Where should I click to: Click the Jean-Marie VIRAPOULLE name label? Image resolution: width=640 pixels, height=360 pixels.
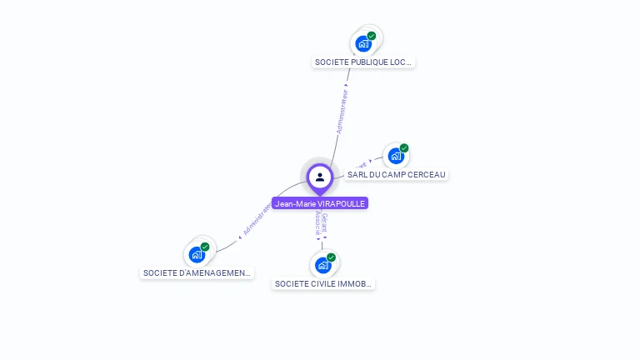click(x=320, y=203)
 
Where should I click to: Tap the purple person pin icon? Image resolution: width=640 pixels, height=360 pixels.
click(x=320, y=177)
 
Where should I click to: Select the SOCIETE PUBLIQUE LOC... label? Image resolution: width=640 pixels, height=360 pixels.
click(x=363, y=62)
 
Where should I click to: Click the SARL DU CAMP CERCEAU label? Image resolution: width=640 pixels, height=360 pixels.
click(x=396, y=175)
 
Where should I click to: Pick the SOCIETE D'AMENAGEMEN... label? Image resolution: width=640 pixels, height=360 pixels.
click(x=197, y=272)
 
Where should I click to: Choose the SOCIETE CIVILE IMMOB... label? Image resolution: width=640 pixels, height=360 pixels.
click(x=324, y=283)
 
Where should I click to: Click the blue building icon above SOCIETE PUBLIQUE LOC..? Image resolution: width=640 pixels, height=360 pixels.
click(x=363, y=43)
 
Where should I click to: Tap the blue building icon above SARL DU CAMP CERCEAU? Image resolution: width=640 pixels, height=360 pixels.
click(x=396, y=156)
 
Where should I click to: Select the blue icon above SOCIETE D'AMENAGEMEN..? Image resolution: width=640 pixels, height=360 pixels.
click(x=197, y=254)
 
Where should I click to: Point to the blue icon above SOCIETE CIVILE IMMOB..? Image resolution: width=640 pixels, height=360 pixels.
click(x=322, y=266)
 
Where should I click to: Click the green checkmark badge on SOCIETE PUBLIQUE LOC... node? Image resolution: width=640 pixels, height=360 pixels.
click(x=372, y=36)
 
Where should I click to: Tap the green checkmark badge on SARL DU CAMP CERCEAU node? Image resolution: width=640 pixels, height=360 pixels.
click(x=404, y=148)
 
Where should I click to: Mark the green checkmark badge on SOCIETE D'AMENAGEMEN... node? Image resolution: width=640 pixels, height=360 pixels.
click(x=205, y=247)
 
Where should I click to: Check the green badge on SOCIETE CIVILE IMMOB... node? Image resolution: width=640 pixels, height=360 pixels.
click(x=331, y=257)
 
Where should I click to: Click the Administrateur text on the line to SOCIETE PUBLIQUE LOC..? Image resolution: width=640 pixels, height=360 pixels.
click(x=342, y=109)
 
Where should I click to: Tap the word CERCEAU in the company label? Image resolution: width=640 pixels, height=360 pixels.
click(x=426, y=175)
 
